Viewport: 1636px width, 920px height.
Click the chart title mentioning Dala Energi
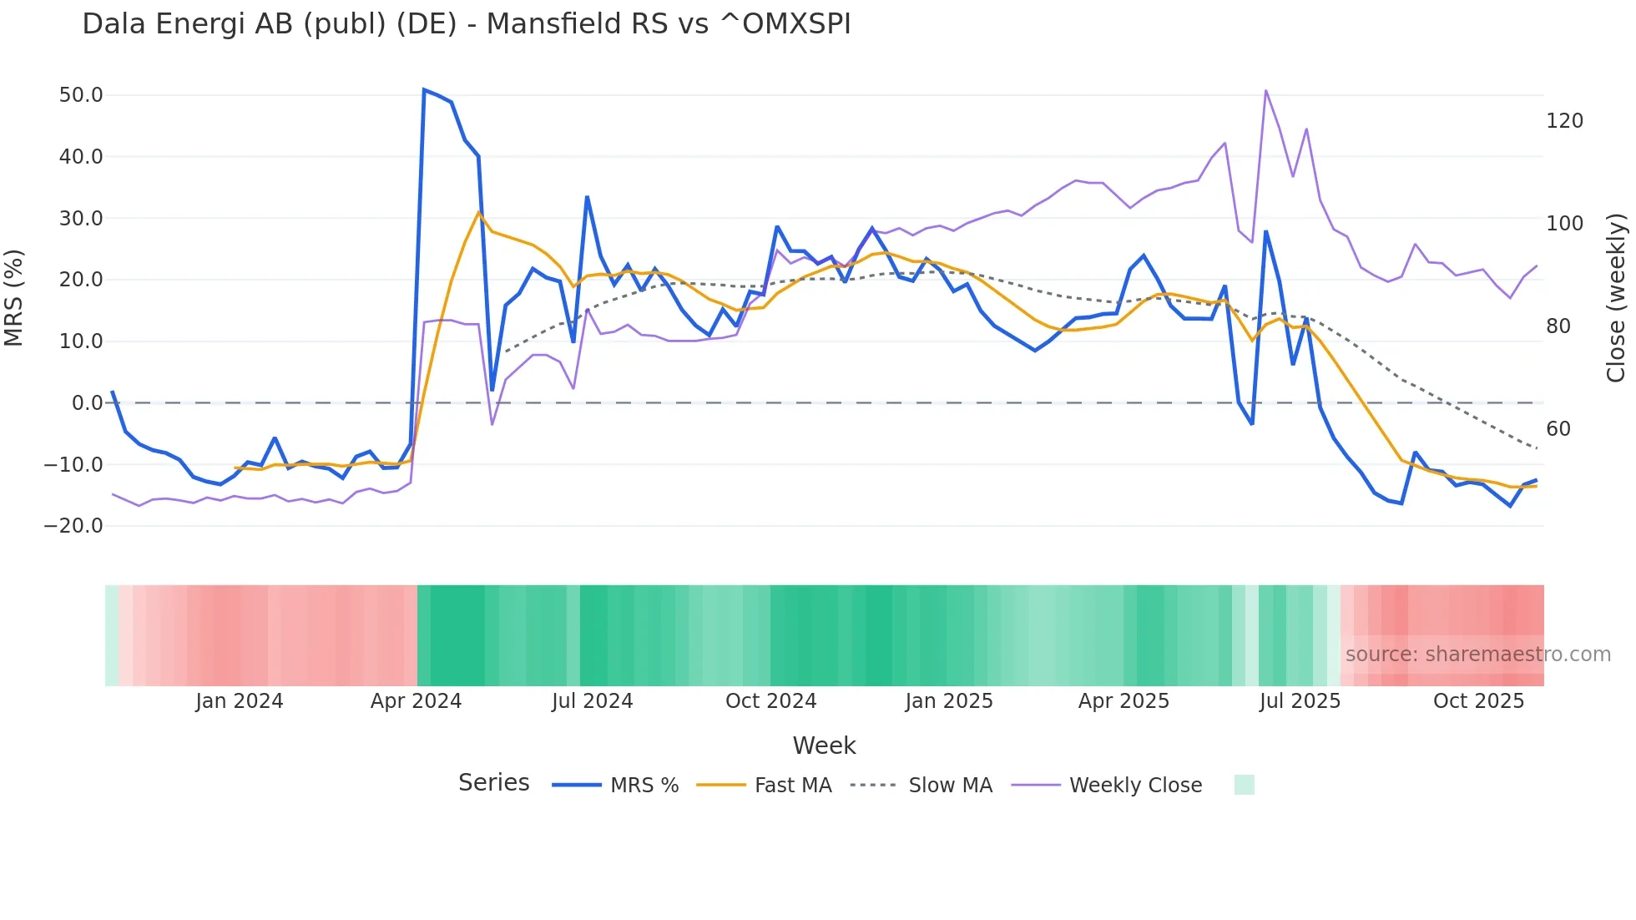[x=466, y=24]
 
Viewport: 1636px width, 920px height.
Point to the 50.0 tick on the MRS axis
[x=81, y=95]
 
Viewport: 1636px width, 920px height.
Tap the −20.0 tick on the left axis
[x=73, y=526]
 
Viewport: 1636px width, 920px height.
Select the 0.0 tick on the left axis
[x=87, y=403]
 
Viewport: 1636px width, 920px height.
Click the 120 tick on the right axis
[x=1564, y=121]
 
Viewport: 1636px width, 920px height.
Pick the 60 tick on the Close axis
[x=1558, y=429]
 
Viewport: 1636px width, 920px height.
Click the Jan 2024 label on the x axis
[x=240, y=701]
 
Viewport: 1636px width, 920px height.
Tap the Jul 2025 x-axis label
[x=1300, y=701]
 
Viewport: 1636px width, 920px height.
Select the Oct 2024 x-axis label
[x=770, y=701]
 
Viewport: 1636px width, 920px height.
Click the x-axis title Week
[x=824, y=746]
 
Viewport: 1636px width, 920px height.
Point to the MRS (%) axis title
[x=14, y=297]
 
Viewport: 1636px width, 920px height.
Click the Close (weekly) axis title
[x=1616, y=297]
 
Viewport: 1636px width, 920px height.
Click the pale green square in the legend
[x=1244, y=785]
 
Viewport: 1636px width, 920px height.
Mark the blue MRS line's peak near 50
[x=424, y=89]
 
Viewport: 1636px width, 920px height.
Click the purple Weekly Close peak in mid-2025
[x=1265, y=90]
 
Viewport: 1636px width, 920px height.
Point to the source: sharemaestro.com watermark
[x=1477, y=655]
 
